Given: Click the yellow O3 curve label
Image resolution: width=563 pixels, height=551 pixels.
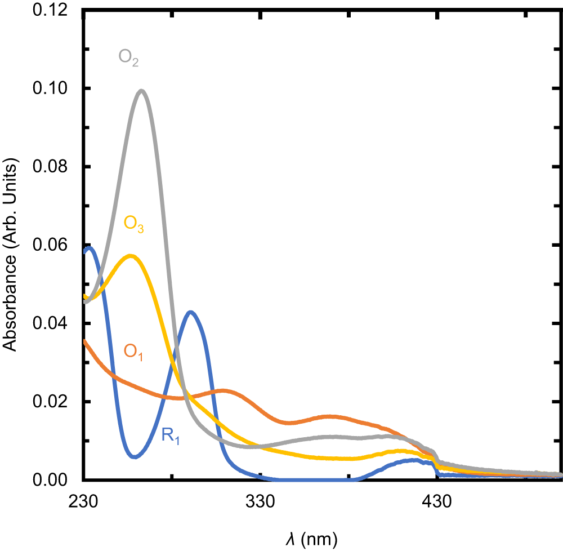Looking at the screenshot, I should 134,224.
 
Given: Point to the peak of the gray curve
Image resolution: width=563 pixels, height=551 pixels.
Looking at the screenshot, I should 141,91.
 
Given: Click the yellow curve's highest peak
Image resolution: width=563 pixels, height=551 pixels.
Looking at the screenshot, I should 131,256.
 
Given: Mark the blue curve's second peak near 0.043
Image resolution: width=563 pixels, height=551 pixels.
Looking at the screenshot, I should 191,312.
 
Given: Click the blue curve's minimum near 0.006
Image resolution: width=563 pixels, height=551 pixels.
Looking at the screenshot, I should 135,456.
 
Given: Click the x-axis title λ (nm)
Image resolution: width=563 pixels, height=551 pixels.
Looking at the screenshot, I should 311,539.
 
